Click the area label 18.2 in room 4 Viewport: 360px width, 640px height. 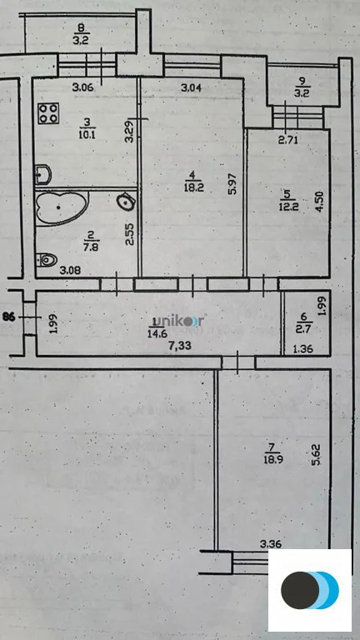tap(192, 188)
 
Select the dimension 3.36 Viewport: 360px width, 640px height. tap(272, 545)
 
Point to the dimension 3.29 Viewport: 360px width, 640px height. tap(129, 133)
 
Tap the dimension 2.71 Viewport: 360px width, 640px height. tap(288, 139)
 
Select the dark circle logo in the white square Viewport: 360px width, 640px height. tap(299, 590)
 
